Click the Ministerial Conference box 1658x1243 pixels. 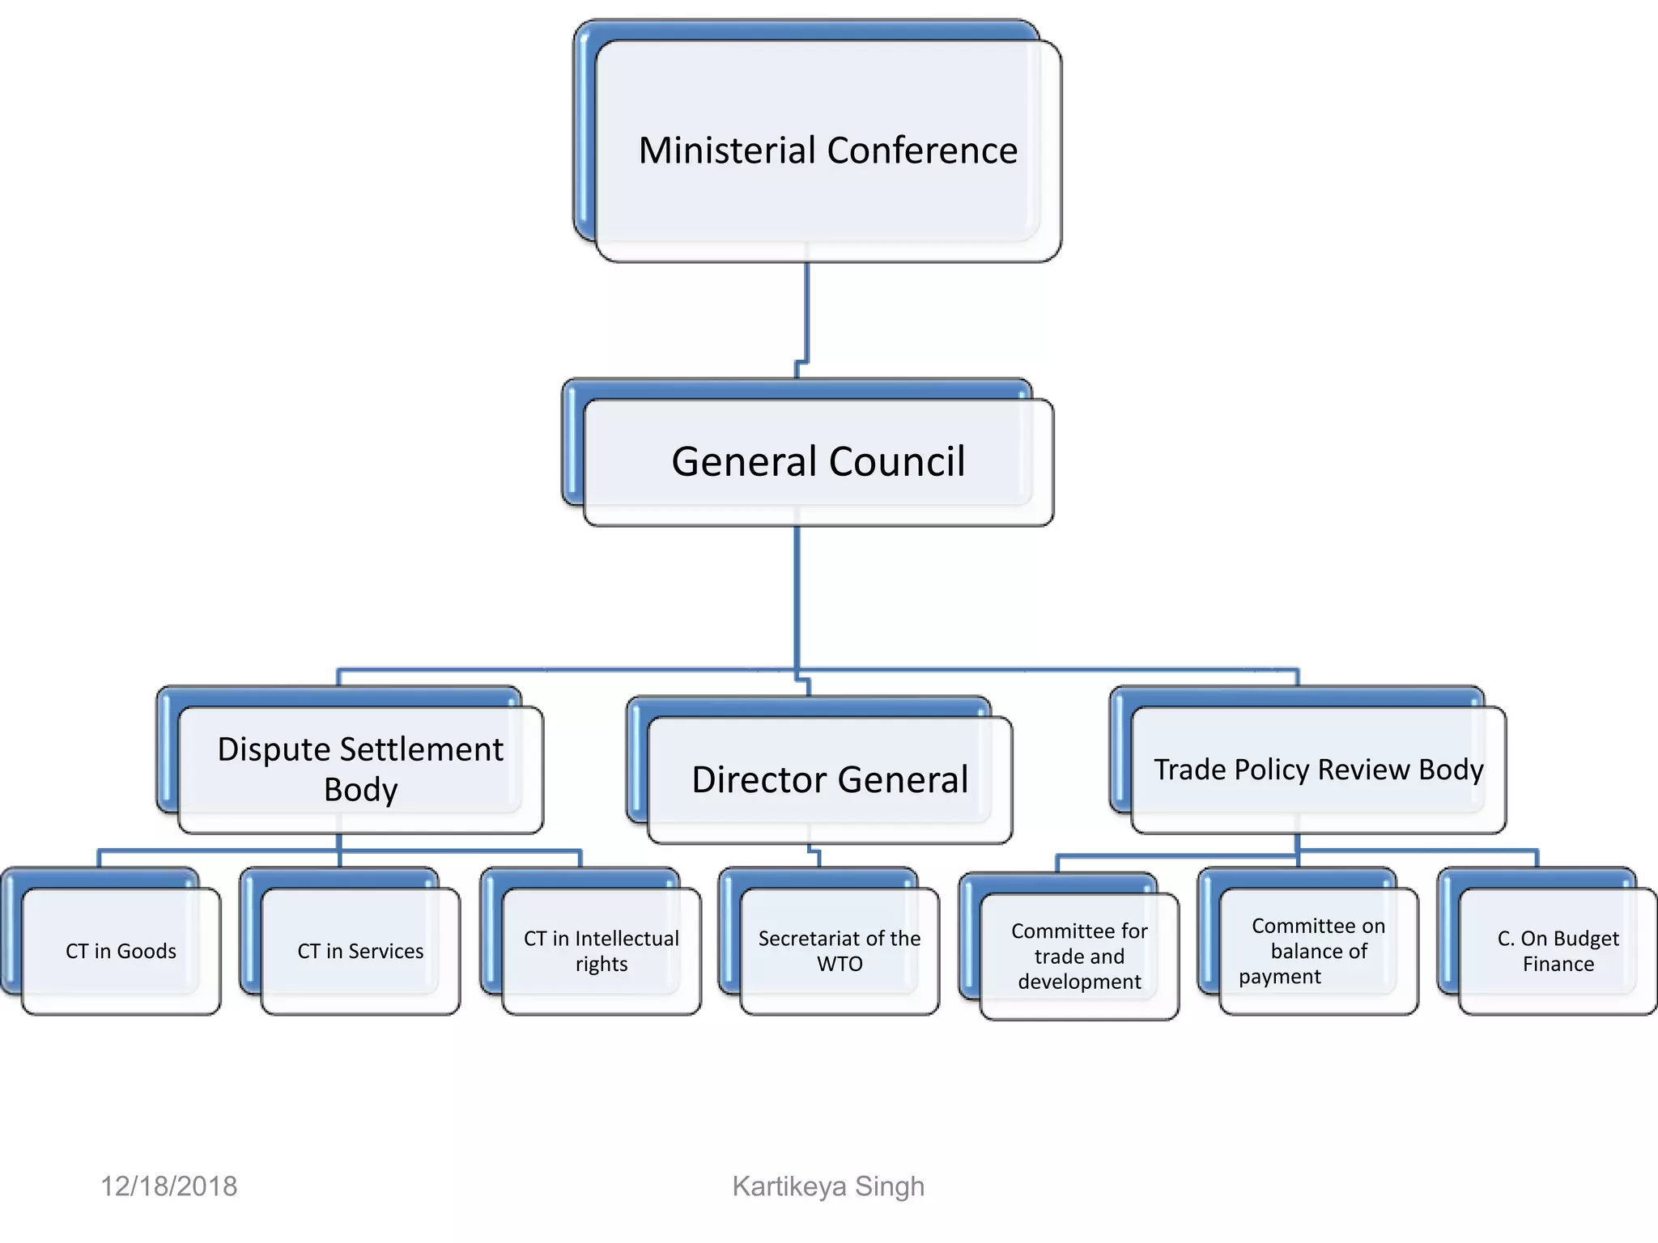(x=827, y=151)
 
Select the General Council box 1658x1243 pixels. (x=818, y=462)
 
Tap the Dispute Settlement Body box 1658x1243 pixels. (x=360, y=769)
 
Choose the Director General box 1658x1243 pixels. (x=829, y=779)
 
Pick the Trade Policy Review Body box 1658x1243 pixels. (x=1318, y=770)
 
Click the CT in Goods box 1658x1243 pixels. (x=121, y=951)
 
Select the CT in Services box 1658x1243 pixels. (x=360, y=951)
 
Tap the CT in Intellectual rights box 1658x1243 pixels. (x=601, y=951)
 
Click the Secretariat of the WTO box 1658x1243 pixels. (x=840, y=951)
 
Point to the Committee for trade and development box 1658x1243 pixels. (x=1079, y=956)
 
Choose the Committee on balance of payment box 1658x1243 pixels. (x=1318, y=951)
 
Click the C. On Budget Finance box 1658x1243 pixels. (x=1558, y=951)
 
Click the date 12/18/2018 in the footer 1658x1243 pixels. (x=168, y=1186)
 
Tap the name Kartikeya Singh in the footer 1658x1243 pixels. (x=827, y=1186)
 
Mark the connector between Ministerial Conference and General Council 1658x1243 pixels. (x=806, y=316)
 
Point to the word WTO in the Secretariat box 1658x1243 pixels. (x=840, y=964)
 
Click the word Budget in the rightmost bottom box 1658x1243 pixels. (x=1585, y=939)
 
